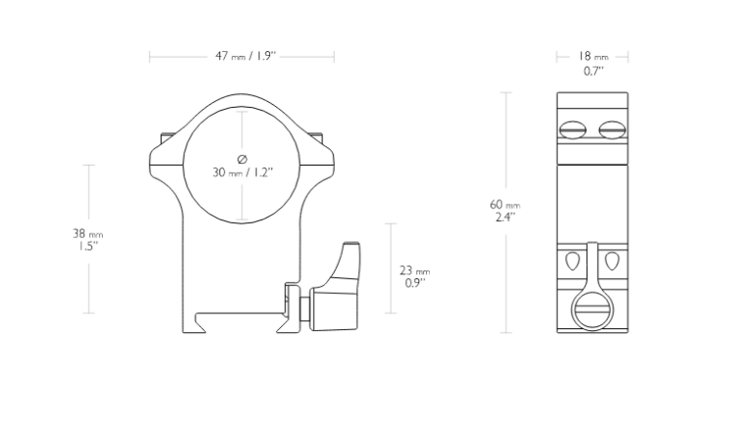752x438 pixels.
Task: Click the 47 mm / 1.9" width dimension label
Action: [246, 56]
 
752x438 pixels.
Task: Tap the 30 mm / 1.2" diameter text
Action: [243, 172]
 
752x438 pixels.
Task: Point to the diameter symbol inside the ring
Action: [242, 159]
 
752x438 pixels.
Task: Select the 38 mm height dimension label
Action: [88, 234]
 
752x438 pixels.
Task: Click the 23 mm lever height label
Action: [415, 271]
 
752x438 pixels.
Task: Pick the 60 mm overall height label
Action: [505, 205]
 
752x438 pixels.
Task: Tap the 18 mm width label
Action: [592, 56]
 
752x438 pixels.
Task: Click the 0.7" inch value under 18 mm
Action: [593, 72]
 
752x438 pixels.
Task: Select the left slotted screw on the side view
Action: [573, 129]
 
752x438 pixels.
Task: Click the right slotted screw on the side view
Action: [612, 129]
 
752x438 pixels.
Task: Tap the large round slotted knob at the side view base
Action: [592, 310]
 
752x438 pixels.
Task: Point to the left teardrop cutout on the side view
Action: [573, 261]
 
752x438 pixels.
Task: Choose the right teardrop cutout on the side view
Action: [612, 261]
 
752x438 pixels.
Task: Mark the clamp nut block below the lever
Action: [334, 309]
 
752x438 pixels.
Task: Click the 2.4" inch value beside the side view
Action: [505, 218]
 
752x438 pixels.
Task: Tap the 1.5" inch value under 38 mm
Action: [88, 247]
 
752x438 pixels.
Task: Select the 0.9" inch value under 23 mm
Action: [415, 283]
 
